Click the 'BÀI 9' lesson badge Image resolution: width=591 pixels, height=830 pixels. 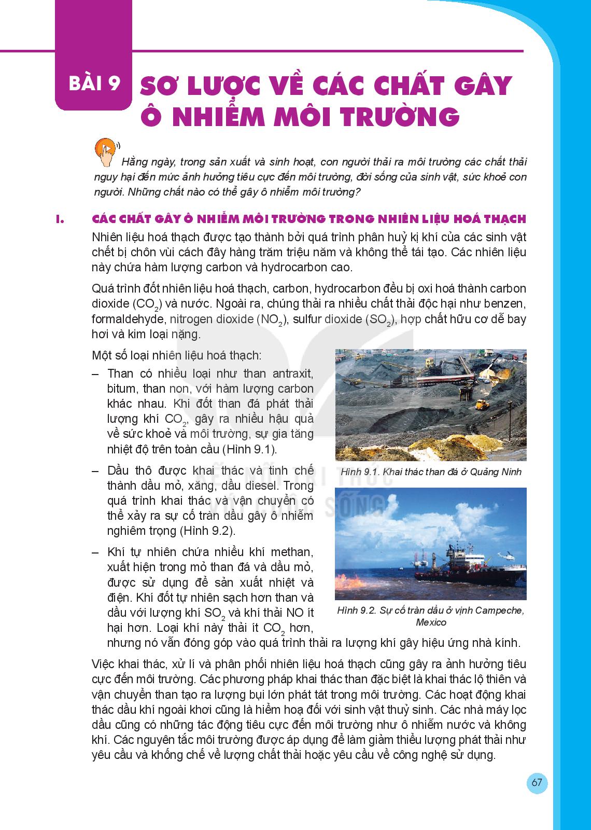click(x=93, y=84)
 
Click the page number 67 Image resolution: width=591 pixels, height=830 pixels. click(x=537, y=783)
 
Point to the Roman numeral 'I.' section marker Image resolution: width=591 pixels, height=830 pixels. click(x=60, y=219)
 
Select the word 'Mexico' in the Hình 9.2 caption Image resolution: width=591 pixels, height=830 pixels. click(x=431, y=622)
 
